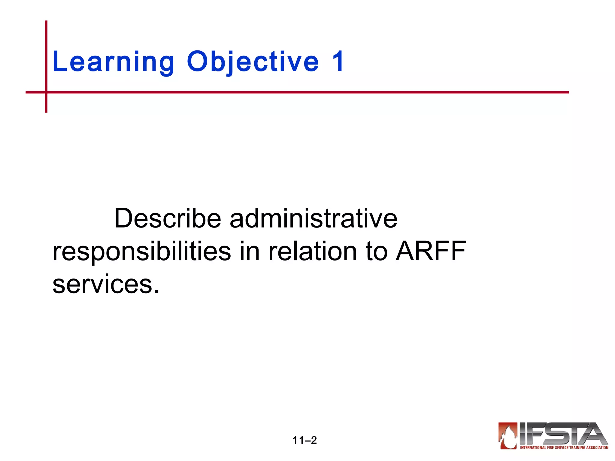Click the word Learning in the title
click(x=113, y=62)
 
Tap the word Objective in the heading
click(x=253, y=62)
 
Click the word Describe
click(x=168, y=218)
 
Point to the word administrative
click(x=314, y=218)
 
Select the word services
click(x=102, y=285)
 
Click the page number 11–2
click(x=304, y=440)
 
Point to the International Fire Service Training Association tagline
click(x=564, y=447)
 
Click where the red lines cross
click(x=46, y=92)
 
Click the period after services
click(x=156, y=291)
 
